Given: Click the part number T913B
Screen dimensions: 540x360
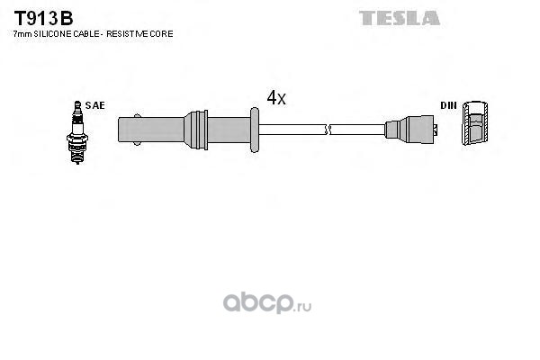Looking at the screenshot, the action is (43, 18).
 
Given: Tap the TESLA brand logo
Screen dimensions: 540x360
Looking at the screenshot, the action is (400, 18).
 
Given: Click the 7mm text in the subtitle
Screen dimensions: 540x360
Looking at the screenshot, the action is (22, 34).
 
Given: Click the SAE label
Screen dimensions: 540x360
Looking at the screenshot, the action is (95, 105).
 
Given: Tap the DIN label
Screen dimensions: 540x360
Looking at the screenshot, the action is (448, 105).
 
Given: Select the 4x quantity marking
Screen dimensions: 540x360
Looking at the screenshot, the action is (276, 98).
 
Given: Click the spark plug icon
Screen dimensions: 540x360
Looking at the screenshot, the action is (77, 132).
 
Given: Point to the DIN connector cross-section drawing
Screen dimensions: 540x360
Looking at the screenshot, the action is (475, 123).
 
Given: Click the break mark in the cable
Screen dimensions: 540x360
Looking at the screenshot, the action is (328, 130).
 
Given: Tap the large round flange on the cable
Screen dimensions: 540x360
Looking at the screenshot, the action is (255, 130).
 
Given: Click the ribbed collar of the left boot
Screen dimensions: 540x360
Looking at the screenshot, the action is (196, 130).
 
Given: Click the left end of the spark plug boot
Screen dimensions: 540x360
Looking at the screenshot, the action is (119, 130).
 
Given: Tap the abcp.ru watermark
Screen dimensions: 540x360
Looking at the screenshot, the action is (267, 302).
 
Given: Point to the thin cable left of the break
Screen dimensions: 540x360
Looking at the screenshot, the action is (292, 130).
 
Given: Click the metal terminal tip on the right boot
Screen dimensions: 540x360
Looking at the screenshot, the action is (436, 130).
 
